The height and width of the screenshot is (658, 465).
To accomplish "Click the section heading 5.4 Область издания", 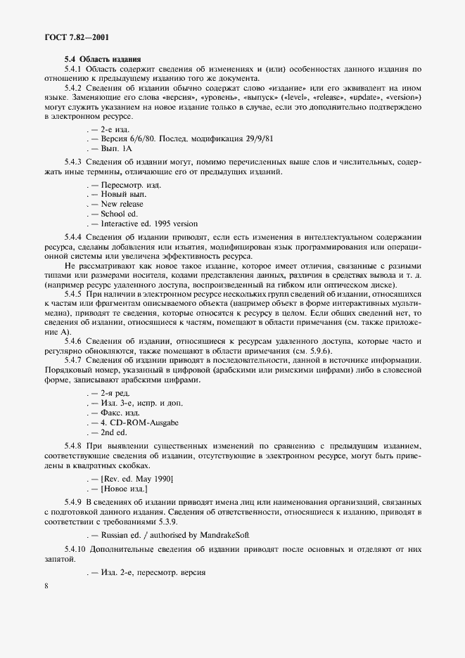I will [103, 58].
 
